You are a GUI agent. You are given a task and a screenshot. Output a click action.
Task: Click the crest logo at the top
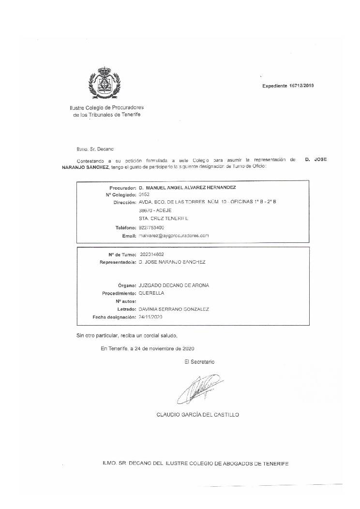104,83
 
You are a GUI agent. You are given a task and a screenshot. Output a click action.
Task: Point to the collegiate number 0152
144,195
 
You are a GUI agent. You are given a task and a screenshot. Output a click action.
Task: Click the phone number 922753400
151,227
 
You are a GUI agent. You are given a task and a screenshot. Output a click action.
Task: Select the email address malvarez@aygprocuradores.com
173,236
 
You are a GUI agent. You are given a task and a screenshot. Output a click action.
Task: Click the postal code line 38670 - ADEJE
155,210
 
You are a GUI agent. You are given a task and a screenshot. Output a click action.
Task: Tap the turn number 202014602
151,254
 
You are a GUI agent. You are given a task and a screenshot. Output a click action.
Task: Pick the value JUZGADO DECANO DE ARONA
174,285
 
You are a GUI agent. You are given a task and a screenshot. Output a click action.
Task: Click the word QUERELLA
151,293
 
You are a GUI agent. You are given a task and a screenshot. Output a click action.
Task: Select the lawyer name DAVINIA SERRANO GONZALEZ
174,309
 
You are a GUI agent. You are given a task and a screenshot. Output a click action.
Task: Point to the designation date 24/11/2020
151,317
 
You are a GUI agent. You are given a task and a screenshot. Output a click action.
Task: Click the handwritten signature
199,389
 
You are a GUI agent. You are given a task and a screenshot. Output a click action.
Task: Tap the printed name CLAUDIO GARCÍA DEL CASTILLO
197,415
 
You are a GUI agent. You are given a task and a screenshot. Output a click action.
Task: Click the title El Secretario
199,361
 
